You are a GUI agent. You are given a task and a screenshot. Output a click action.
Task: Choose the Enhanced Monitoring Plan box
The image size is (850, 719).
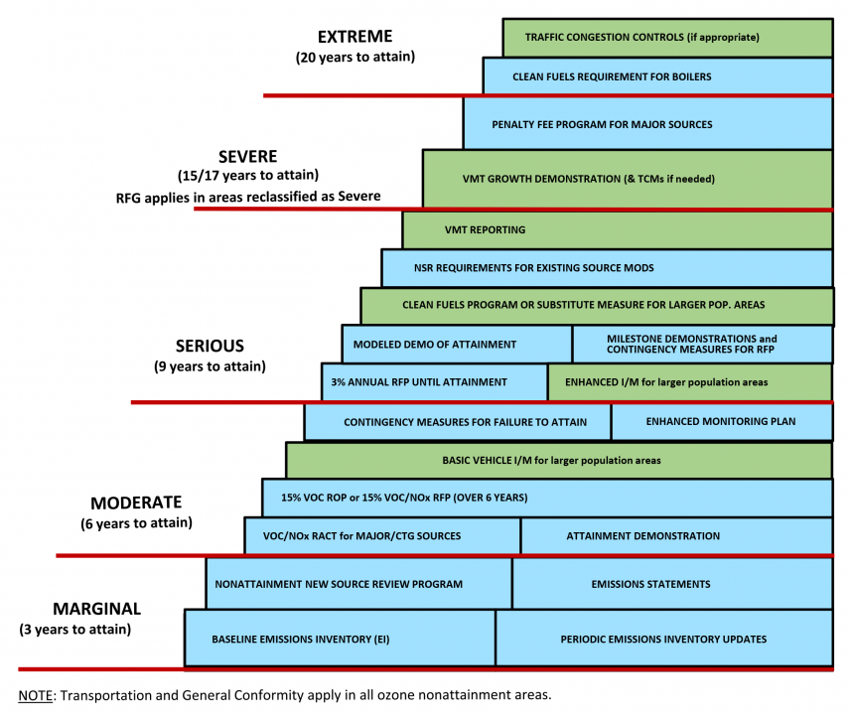721,422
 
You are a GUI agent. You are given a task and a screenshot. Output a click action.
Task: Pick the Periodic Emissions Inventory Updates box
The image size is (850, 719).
663,639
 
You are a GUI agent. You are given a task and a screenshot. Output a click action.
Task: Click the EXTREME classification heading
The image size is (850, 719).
355,37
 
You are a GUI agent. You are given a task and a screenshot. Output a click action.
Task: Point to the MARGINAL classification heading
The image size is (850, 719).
95,609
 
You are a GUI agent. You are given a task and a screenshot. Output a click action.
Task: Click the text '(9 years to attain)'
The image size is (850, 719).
209,366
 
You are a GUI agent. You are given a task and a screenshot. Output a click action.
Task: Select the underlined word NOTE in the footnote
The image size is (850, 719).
36,694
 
